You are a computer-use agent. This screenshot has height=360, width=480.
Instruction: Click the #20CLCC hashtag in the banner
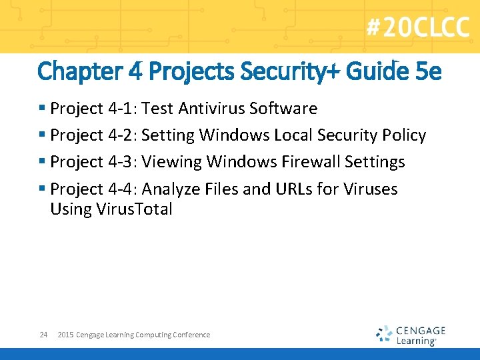pyautogui.click(x=417, y=28)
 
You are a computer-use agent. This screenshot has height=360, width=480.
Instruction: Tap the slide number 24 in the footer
pyautogui.click(x=43, y=335)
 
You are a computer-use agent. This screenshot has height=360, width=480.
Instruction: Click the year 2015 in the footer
pyautogui.click(x=65, y=335)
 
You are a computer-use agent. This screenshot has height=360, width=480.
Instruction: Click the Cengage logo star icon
pyautogui.click(x=384, y=333)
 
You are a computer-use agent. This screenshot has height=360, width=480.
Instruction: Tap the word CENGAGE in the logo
pyautogui.click(x=420, y=330)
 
